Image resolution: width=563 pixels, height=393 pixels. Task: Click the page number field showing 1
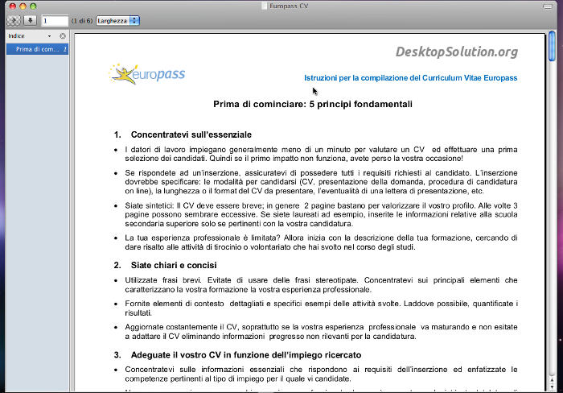[x=54, y=20]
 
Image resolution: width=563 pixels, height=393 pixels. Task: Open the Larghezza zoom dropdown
[x=117, y=20]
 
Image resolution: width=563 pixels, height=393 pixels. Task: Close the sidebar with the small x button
[x=63, y=36]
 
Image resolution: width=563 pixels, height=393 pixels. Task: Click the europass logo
[x=147, y=75]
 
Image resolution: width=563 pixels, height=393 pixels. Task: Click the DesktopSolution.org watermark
[x=456, y=52]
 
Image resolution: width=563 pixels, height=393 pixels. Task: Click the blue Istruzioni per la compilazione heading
[x=410, y=78]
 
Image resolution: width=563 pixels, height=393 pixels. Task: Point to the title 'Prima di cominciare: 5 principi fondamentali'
[x=313, y=104]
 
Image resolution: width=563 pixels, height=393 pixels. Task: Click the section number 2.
[x=117, y=264]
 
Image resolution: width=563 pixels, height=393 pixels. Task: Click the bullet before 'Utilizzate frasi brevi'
[x=117, y=280]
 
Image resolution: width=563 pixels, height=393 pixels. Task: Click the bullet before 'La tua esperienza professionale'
[x=117, y=238]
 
